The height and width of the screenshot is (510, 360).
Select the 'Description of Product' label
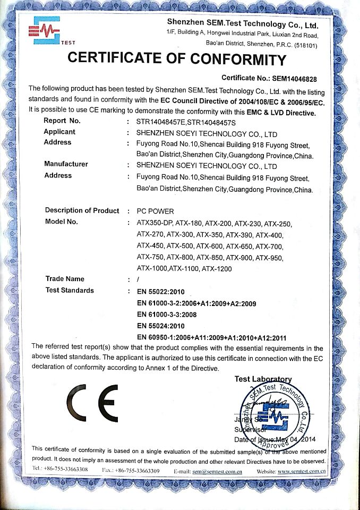click(82, 210)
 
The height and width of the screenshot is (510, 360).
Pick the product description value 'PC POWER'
click(155, 211)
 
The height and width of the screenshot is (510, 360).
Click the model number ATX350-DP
click(155, 223)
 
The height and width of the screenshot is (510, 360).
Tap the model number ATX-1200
click(217, 269)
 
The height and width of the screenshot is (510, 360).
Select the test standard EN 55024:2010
click(160, 326)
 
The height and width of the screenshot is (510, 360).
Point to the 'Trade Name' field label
click(65, 279)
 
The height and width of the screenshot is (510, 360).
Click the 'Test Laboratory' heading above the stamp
click(263, 379)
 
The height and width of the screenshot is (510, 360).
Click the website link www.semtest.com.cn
click(301, 471)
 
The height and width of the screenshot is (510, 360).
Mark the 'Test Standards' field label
click(70, 291)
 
